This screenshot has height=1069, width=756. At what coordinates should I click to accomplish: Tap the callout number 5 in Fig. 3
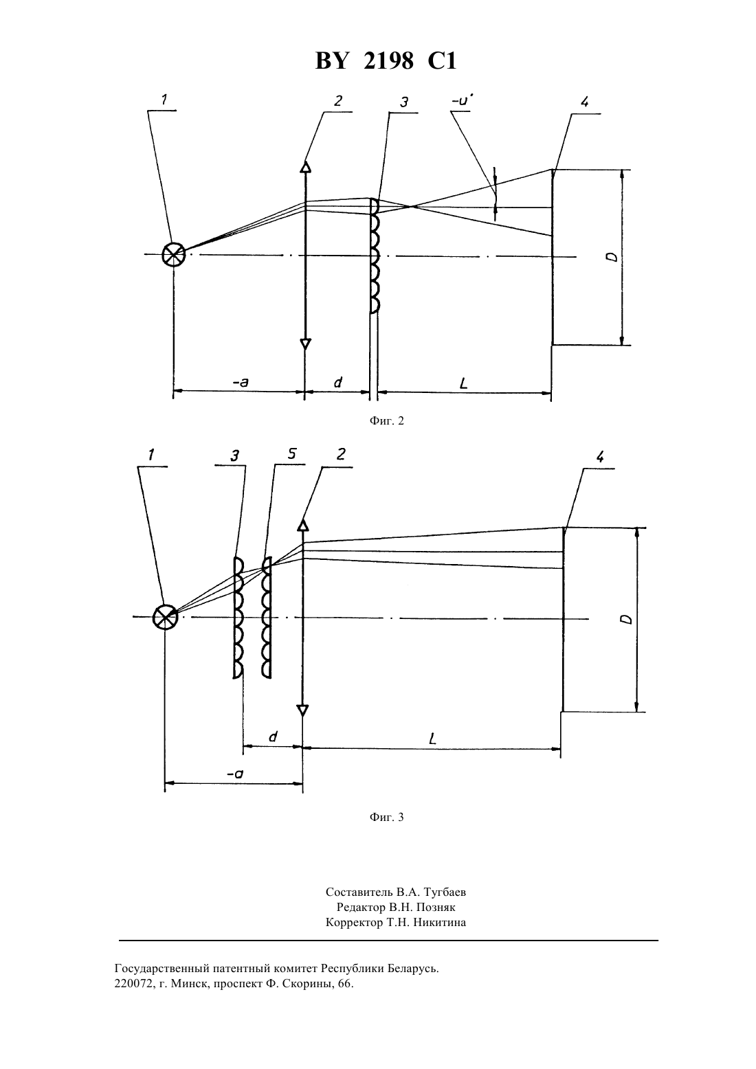coord(292,454)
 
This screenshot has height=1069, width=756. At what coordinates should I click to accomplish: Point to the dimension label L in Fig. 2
coord(464,383)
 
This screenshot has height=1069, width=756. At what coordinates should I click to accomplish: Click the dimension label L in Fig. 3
coord(433,739)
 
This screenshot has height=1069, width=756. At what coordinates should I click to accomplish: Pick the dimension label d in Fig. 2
coord(338,382)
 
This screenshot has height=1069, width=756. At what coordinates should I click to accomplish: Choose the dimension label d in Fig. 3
coord(273,737)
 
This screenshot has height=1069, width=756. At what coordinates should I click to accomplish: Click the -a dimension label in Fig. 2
coord(241,382)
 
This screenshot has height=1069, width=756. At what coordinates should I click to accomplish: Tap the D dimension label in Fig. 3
coord(627,619)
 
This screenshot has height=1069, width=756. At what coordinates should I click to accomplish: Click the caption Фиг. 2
coord(386,420)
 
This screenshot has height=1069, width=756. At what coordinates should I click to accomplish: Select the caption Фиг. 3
coord(386,817)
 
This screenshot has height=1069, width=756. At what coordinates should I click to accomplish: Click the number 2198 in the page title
coord(388,61)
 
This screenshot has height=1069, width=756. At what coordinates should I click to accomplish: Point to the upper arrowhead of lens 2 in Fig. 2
coord(305,166)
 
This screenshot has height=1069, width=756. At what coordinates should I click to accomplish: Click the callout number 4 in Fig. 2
coord(585,102)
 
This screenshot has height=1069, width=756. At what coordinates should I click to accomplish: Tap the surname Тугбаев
coord(444,892)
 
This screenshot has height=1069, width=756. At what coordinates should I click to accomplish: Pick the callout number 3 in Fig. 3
coord(234,456)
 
